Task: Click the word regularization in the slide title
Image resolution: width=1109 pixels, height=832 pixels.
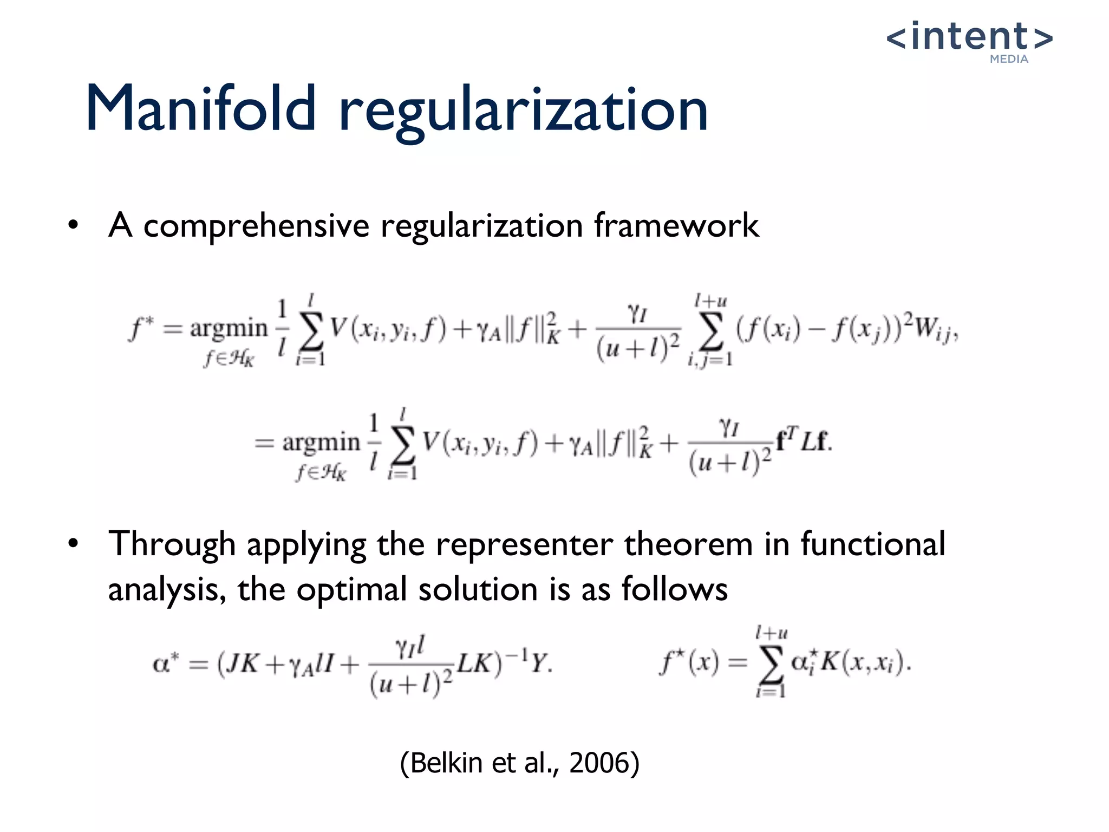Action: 524,111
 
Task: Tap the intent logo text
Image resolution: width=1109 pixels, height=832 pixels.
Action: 969,37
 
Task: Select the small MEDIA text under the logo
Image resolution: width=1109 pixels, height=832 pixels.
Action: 1009,59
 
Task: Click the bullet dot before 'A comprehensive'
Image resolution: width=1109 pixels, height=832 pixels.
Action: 74,225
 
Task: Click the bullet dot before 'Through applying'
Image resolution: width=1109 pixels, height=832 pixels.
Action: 74,544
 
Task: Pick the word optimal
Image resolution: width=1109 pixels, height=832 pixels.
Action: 351,589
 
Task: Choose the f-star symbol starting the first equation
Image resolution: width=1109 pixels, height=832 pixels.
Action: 140,328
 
